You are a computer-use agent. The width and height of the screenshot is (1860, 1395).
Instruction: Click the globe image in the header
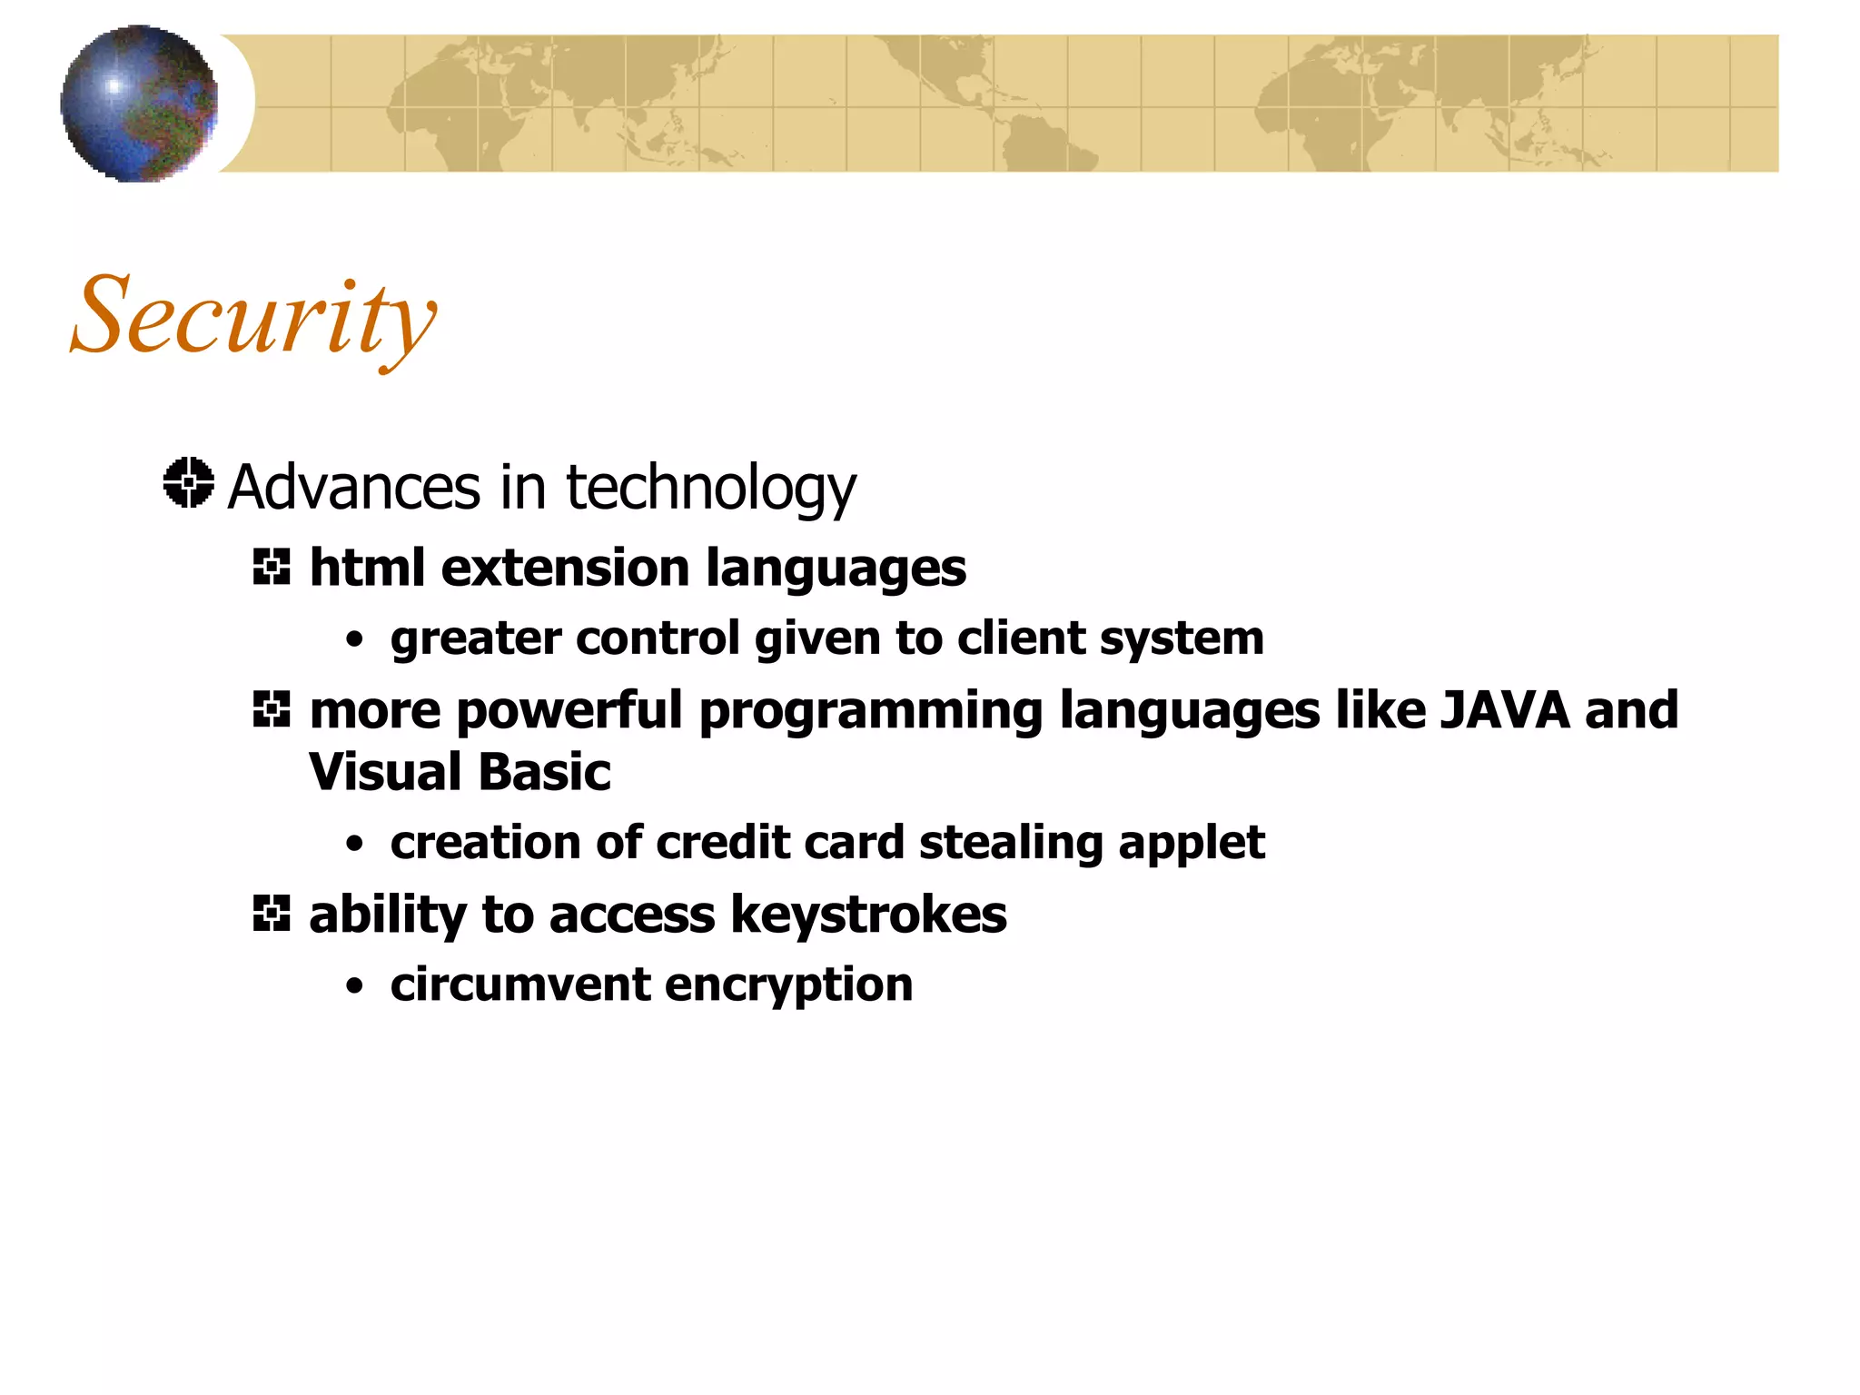139,104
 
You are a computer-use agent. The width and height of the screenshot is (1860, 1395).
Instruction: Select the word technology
710,489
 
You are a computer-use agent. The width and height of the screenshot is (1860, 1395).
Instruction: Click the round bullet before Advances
189,482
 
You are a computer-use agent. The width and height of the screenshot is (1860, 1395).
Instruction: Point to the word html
367,569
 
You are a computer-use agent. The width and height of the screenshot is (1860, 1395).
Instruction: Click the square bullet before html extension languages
272,568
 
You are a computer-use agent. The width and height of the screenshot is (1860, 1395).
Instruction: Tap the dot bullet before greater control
355,640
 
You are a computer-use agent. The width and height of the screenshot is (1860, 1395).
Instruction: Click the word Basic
543,772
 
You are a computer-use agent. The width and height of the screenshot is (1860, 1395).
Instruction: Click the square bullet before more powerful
272,709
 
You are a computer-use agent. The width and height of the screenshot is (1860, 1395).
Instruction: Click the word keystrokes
868,915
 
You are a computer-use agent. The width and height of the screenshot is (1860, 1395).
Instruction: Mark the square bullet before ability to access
272,914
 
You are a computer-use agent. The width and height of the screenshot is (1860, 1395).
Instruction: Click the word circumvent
520,984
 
